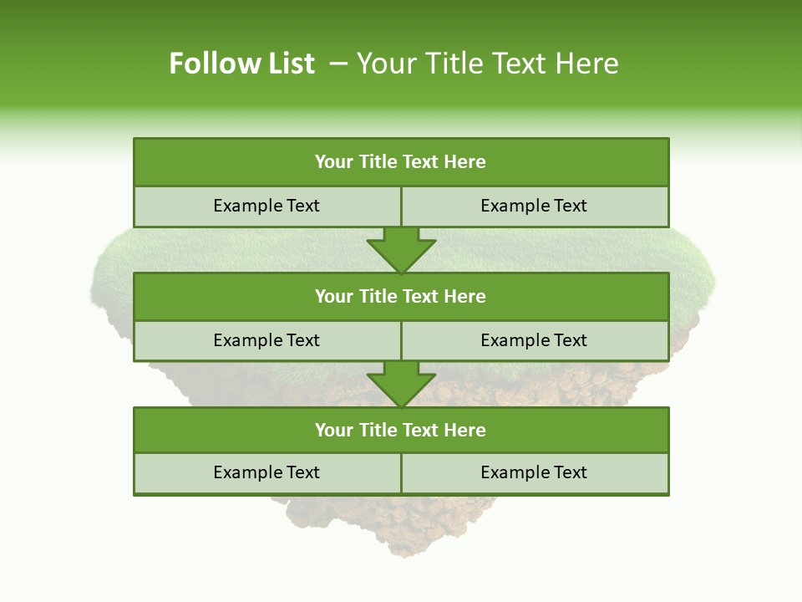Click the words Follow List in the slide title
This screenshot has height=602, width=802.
click(241, 64)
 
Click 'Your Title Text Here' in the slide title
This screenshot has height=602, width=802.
click(487, 64)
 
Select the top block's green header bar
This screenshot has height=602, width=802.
click(401, 162)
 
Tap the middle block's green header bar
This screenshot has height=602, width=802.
click(401, 297)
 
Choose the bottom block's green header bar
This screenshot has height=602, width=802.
click(401, 431)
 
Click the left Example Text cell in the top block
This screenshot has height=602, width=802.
click(266, 207)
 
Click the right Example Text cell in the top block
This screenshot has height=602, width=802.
click(534, 207)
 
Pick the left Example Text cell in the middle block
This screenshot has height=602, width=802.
click(266, 341)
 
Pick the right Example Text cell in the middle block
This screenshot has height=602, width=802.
click(534, 341)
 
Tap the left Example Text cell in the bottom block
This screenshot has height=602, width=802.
click(266, 473)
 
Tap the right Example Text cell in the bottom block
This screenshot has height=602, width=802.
click(534, 473)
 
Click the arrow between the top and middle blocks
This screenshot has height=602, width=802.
click(401, 249)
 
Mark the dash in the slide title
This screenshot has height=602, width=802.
click(338, 64)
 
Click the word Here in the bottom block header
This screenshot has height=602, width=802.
click(465, 431)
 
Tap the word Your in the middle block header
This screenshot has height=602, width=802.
click(333, 297)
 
